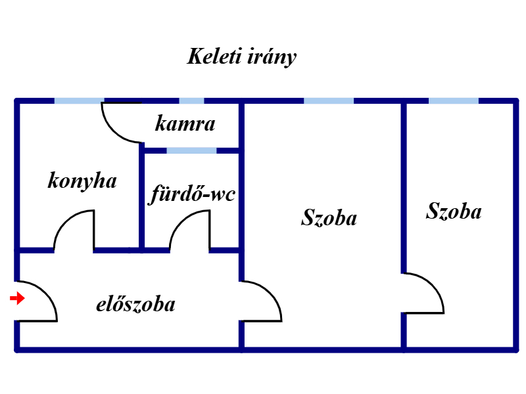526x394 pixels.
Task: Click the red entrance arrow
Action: point(17,299)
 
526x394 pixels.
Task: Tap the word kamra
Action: point(185,123)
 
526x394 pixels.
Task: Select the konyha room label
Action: point(82,181)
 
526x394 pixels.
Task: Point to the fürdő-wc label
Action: point(193,194)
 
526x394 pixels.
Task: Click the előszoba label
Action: point(135,305)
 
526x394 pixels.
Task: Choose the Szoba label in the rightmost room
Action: point(454,211)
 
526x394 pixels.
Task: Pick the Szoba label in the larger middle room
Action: point(329,217)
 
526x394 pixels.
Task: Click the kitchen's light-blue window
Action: point(79,101)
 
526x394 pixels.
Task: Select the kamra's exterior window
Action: point(191,101)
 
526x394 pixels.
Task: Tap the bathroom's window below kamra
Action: point(191,150)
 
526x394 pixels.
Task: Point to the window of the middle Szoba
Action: point(329,101)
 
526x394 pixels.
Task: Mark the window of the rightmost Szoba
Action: point(454,101)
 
